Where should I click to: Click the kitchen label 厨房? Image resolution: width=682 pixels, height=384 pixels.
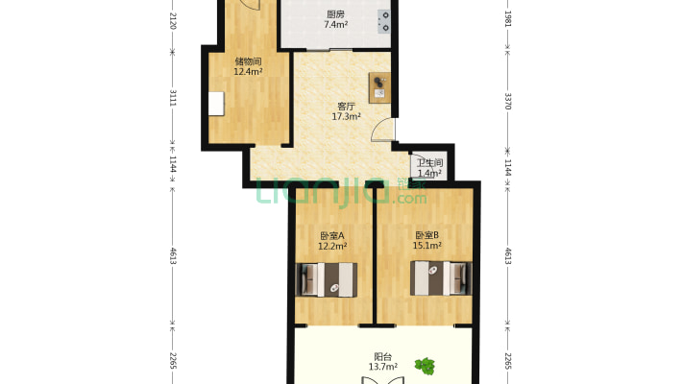[x=335, y=13]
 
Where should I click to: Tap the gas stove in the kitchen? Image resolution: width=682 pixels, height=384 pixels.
[x=384, y=21]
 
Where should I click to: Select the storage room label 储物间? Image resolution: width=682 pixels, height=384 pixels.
[x=248, y=60]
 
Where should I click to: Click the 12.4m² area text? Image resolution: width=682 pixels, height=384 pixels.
[x=248, y=72]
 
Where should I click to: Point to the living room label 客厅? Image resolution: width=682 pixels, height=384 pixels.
[x=346, y=106]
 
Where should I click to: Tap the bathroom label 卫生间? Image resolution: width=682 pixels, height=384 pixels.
[x=429, y=163]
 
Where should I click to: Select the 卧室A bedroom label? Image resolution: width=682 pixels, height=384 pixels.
[x=332, y=235]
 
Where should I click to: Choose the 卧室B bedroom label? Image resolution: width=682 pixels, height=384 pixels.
[x=426, y=235]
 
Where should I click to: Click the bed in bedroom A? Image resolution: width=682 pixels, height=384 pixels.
[x=327, y=278]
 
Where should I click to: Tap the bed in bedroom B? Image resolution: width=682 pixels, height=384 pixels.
[x=442, y=278]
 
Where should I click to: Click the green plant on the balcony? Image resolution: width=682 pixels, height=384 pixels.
[x=424, y=365]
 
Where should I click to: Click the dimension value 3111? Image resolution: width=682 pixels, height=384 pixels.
[x=173, y=100]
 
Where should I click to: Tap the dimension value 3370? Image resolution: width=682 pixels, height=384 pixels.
[x=507, y=100]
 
